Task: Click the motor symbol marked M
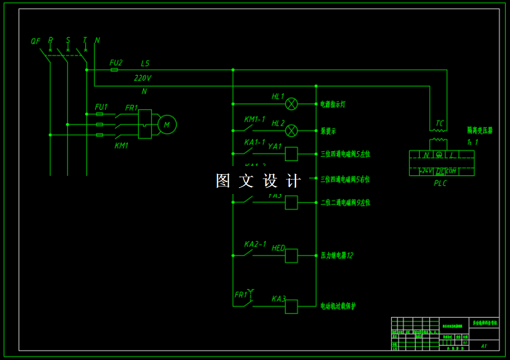coord(167,125)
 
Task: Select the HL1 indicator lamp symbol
coord(291,104)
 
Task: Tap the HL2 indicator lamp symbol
coord(291,131)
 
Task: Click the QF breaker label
coord(35,42)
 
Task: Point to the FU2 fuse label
coord(116,63)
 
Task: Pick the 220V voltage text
coord(143,78)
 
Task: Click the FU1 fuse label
coord(101,107)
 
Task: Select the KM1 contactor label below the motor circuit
coord(121,145)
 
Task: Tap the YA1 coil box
coord(291,154)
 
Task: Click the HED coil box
coord(291,256)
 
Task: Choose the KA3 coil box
coord(291,307)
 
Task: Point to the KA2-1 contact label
coord(255,244)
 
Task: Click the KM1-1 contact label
coord(254,119)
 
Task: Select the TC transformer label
coord(440,123)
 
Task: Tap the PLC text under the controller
coord(440,183)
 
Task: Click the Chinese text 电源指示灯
coord(333,104)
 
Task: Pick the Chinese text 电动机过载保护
coord(338,306)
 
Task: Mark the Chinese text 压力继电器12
coord(336,256)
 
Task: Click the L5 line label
coord(145,63)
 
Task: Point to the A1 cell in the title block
coord(484,345)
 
